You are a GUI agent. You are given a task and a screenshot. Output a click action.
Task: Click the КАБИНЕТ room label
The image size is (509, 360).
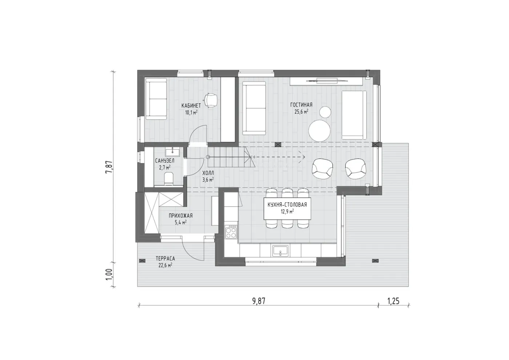coord(191,106)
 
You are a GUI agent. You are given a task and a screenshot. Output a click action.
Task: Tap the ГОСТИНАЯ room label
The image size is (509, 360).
coord(301,105)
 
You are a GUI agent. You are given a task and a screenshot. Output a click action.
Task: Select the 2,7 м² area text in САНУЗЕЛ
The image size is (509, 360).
coord(165,168)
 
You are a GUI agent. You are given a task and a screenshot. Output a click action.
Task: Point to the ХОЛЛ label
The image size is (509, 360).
coord(208,173)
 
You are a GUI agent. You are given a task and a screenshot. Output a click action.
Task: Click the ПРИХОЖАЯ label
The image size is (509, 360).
coord(181,215)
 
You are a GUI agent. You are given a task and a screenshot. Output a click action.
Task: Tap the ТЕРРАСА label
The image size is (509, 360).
coord(165,259)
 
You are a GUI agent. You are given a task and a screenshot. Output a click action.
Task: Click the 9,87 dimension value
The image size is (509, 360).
coord(258,301)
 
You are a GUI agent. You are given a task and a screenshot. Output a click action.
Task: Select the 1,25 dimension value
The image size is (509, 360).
coord(393,301)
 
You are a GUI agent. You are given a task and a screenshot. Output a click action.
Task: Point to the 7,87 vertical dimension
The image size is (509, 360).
coord(109,167)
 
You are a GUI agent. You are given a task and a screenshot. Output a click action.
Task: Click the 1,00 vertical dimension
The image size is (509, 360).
coord(109,274)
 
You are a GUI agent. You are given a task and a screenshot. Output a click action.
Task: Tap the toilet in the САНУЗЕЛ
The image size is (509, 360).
coord(168,178)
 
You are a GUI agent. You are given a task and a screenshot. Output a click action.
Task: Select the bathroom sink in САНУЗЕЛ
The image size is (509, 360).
coord(172,152)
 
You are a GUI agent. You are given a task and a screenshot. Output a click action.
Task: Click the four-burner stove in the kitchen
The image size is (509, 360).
coord(231,232)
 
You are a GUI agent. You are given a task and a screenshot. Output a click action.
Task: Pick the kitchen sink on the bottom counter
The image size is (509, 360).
coord(280,251)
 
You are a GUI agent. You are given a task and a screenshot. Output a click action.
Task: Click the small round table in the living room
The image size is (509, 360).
coord(325,112)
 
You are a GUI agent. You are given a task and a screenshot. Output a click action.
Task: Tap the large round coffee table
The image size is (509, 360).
coord(319,131)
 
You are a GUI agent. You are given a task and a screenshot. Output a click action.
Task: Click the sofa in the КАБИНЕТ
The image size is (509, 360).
coord(156,99)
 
